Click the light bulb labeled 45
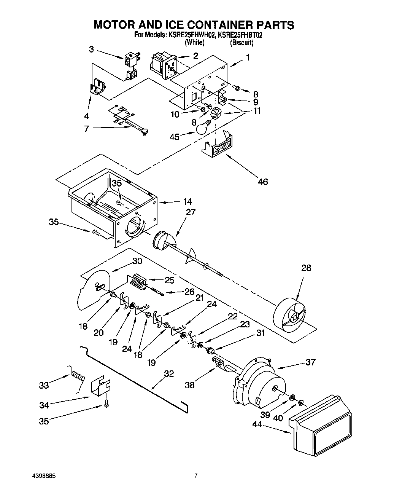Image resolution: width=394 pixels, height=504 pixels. tap(203, 128)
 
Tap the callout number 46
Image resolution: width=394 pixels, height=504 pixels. tap(262, 182)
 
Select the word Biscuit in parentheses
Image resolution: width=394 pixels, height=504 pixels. tap(241, 43)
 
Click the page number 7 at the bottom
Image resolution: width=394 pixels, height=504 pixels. tap(195, 476)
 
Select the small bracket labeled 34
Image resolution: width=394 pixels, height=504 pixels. tap(100, 388)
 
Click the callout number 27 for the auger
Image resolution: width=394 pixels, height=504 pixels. tap(190, 212)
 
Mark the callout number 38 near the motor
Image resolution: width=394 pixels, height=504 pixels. tap(189, 385)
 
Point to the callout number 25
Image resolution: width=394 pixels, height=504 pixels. tap(169, 280)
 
